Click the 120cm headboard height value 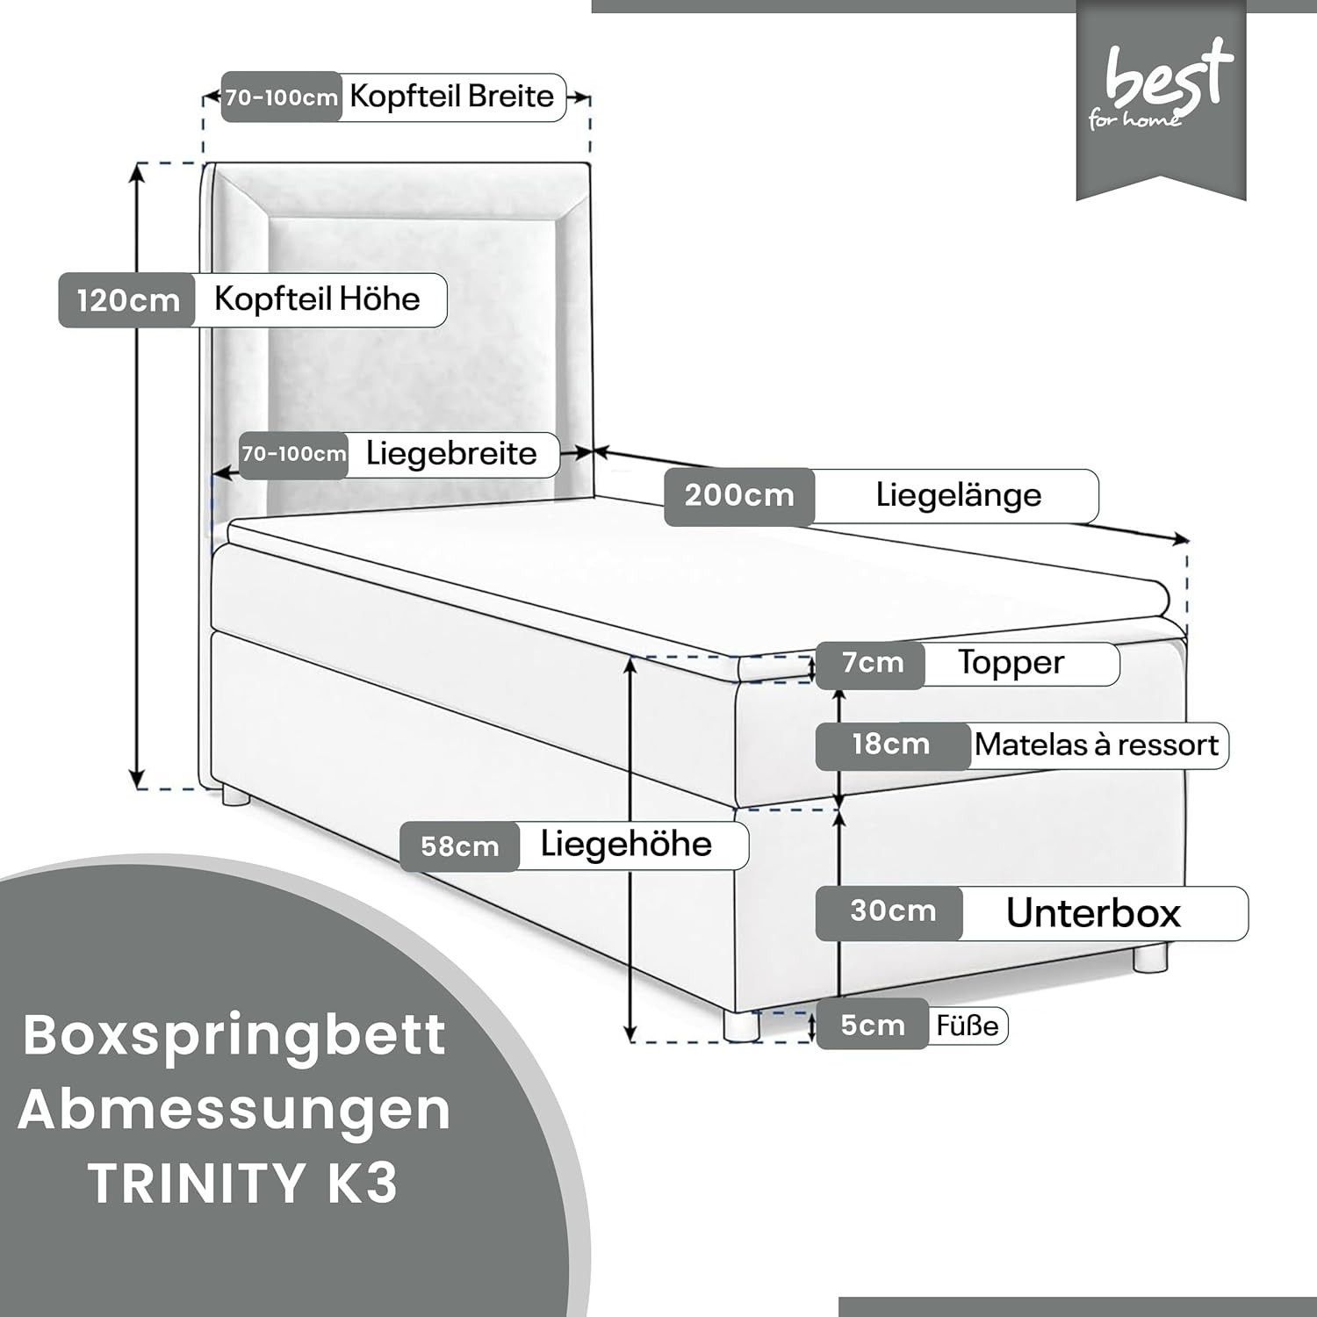click(128, 301)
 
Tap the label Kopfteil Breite click(451, 96)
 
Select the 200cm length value click(739, 495)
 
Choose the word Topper click(1011, 663)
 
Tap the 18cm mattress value click(890, 745)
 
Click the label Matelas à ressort click(1097, 745)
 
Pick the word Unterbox click(1093, 913)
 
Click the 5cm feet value click(873, 1025)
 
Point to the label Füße click(968, 1026)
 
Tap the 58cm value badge click(460, 846)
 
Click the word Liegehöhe click(626, 844)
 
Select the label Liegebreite click(451, 454)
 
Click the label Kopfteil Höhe click(317, 299)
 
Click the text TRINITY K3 click(243, 1184)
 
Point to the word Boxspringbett click(234, 1036)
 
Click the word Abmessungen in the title click(234, 1110)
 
